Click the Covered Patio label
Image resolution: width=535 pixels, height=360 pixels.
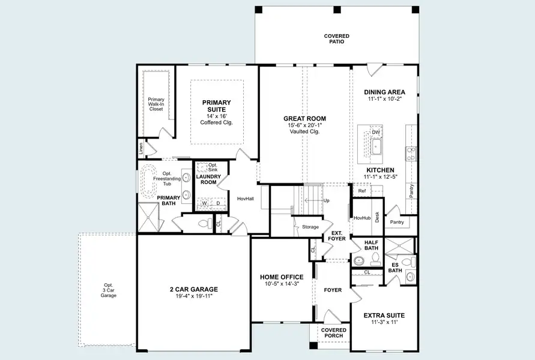click(336, 39)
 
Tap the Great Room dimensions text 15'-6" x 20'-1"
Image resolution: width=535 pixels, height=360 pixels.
click(304, 125)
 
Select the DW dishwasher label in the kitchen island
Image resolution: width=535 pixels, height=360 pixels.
click(376, 132)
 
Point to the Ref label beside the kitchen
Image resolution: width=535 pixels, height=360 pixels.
click(362, 191)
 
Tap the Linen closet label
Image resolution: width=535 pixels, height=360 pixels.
click(141, 148)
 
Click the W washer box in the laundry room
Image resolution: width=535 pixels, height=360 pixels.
click(204, 203)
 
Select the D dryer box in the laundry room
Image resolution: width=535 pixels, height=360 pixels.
click(218, 203)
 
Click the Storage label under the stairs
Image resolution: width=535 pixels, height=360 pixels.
click(310, 227)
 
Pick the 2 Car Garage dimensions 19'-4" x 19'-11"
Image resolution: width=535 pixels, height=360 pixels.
click(193, 296)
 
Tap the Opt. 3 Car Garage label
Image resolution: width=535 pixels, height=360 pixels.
click(109, 290)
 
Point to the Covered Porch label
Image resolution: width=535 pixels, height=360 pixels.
click(333, 333)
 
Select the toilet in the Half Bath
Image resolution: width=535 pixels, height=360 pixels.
click(375, 259)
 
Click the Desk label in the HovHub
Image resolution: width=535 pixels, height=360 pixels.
click(377, 217)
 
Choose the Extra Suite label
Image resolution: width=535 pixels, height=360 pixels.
click(384, 315)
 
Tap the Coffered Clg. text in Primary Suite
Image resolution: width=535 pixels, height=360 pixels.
click(216, 122)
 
